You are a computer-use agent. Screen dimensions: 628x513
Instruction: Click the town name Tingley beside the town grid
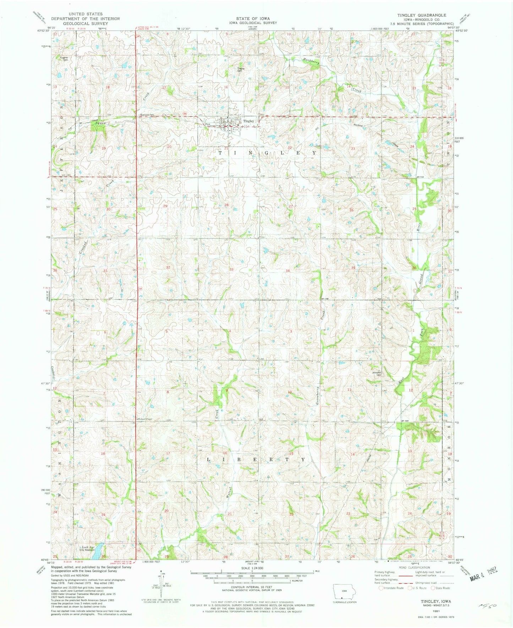click(249, 121)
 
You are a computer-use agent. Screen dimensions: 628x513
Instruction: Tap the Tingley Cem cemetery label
click(241, 69)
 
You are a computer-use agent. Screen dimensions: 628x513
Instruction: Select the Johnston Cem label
click(377, 374)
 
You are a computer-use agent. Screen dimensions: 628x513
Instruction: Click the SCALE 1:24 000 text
click(252, 567)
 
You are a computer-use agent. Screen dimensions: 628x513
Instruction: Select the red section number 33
click(231, 270)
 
